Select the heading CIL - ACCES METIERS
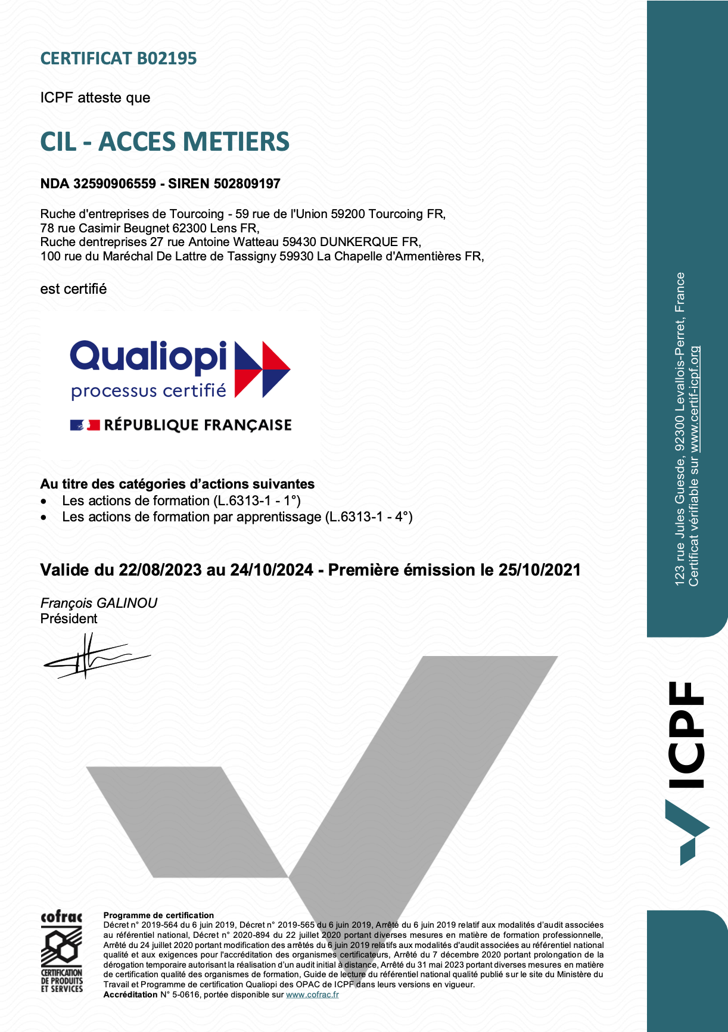click(164, 142)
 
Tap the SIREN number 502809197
click(247, 184)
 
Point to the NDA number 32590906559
click(114, 184)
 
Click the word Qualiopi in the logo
click(148, 356)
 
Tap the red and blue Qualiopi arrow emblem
click(262, 369)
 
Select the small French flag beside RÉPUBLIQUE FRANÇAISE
click(85, 425)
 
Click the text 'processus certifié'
click(148, 391)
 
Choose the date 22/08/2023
click(160, 570)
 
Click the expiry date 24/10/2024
click(272, 570)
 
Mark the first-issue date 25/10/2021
click(539, 570)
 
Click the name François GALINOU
click(99, 603)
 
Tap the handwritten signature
click(95, 655)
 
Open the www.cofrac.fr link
click(312, 994)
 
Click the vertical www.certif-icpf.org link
click(694, 399)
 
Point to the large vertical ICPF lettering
click(686, 734)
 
